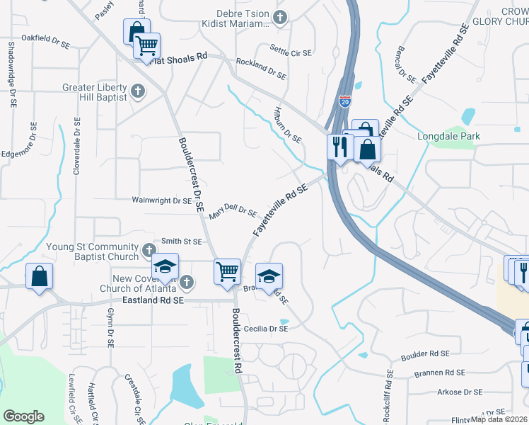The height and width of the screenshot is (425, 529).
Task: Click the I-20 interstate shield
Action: coord(344,102)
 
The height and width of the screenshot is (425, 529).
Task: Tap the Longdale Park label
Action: coord(448,136)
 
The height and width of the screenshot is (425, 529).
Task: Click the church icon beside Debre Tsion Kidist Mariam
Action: coord(280,17)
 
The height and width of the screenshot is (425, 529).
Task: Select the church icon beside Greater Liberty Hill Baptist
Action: coord(138,91)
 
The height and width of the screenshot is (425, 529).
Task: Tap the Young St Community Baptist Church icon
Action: coord(149,250)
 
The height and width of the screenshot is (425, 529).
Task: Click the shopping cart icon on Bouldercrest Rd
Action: coord(227,271)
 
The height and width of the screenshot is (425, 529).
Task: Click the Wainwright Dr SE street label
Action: coord(162,200)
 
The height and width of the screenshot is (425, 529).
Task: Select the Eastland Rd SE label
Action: coord(153,300)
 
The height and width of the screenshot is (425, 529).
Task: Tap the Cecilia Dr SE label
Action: coord(266,329)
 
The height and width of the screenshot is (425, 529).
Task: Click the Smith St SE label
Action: coord(182,242)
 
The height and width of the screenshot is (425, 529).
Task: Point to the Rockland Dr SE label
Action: coord(261,69)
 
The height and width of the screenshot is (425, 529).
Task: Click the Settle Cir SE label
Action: coord(290,48)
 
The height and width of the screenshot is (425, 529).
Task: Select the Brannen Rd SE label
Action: coord(441,373)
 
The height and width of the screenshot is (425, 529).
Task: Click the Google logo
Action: coord(23,416)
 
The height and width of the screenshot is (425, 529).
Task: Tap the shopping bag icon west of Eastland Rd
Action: coord(40,276)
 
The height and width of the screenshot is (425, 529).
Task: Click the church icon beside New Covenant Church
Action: coord(186,283)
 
